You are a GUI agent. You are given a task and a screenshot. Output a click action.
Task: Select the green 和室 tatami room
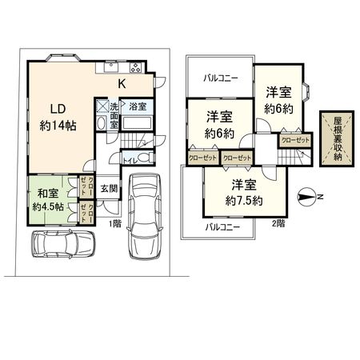[47, 198]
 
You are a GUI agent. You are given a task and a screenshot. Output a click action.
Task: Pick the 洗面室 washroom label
[114, 115]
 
